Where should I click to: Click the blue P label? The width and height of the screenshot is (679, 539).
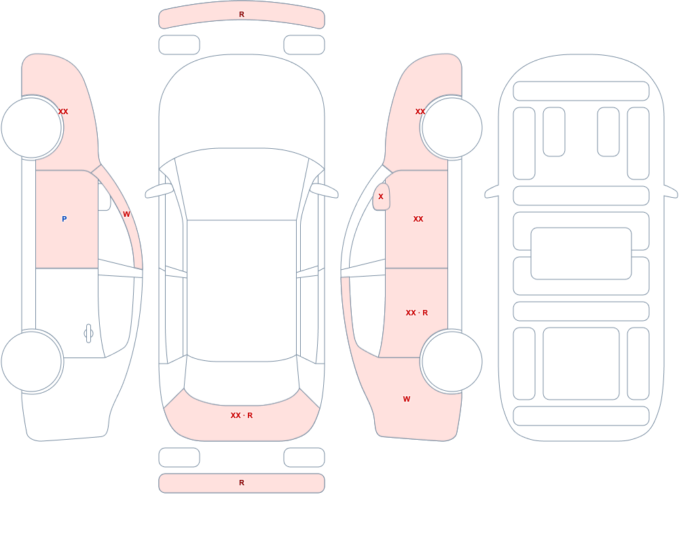(x=64, y=219)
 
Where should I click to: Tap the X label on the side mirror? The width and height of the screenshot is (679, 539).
(x=381, y=196)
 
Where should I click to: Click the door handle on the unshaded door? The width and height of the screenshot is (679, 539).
(x=88, y=334)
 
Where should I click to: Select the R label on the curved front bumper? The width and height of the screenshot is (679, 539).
(x=242, y=14)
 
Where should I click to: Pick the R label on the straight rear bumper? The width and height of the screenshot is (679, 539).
(x=242, y=483)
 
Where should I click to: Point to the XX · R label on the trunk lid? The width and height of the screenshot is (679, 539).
(x=242, y=415)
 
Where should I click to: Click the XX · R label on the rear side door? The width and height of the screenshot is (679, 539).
(x=417, y=313)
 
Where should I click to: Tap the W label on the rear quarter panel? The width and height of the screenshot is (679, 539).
(x=407, y=399)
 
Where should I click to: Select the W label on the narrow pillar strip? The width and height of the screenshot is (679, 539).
(x=126, y=214)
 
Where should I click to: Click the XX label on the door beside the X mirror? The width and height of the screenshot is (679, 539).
(x=418, y=219)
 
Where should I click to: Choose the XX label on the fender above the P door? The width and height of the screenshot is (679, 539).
(x=63, y=111)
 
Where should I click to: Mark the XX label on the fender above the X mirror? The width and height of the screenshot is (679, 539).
(x=420, y=111)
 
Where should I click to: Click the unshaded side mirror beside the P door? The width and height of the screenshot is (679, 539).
(x=104, y=197)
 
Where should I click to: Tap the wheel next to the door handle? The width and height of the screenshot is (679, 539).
(x=32, y=362)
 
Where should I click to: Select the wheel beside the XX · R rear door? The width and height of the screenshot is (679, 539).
(x=452, y=362)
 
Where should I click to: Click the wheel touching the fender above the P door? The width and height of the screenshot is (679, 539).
(x=32, y=128)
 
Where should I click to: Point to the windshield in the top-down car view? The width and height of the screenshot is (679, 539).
(x=242, y=184)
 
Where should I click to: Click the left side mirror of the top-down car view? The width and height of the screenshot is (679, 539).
(x=160, y=190)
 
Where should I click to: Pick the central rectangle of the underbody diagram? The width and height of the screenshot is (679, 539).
(x=581, y=254)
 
